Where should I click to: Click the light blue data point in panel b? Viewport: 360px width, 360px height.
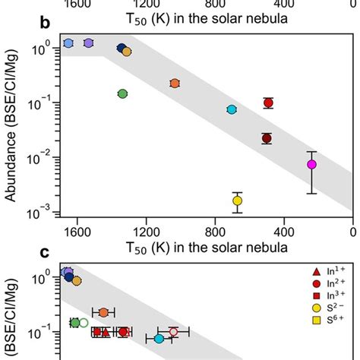[68, 44]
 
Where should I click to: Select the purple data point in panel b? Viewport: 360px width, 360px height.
[89, 43]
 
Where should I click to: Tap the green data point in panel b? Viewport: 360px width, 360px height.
[122, 93]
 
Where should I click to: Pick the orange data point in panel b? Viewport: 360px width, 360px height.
[175, 83]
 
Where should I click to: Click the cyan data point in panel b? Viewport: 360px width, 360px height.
[232, 109]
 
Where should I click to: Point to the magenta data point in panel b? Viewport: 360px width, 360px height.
[311, 164]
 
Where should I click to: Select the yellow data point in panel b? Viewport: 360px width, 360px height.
[238, 201]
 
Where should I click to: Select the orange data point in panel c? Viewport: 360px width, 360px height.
[103, 312]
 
